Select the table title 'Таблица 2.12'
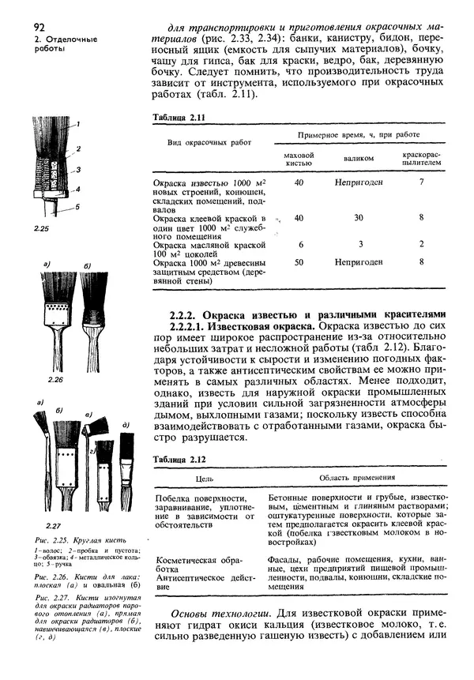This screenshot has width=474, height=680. (179, 457)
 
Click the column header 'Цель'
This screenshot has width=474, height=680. (205, 478)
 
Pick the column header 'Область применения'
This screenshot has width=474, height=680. (357, 478)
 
